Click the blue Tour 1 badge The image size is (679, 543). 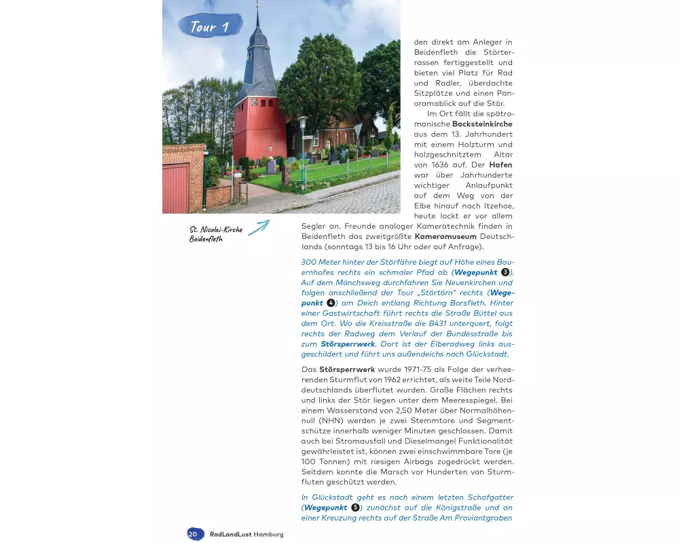click(209, 26)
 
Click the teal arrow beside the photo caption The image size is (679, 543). click(258, 227)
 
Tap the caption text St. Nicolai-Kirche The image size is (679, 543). click(217, 229)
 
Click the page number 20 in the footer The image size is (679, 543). click(193, 534)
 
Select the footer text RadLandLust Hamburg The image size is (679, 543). click(246, 534)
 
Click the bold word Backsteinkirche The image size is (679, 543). click(482, 124)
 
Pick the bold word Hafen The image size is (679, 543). click(500, 165)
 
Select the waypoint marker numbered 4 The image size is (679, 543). click(331, 303)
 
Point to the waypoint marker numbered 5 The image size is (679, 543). click(354, 508)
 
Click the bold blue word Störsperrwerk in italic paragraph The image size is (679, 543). click(348, 344)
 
